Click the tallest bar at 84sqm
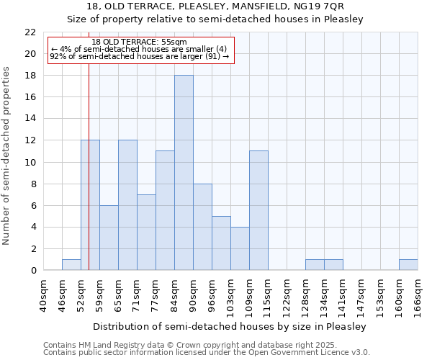[x=184, y=173]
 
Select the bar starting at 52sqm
[x=90, y=205]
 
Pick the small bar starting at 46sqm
[x=71, y=265]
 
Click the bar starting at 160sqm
[x=408, y=265]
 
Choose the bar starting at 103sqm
[x=240, y=248]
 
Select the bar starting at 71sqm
[x=146, y=233]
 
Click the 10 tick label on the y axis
[x=30, y=163]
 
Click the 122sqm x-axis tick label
[x=287, y=296]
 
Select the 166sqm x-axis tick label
[x=418, y=296]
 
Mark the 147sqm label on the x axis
[x=362, y=296]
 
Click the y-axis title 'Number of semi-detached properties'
[x=7, y=156]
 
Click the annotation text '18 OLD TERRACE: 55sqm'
[x=139, y=42]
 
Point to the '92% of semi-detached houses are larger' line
[x=139, y=56]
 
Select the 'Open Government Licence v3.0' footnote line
[x=207, y=353]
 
